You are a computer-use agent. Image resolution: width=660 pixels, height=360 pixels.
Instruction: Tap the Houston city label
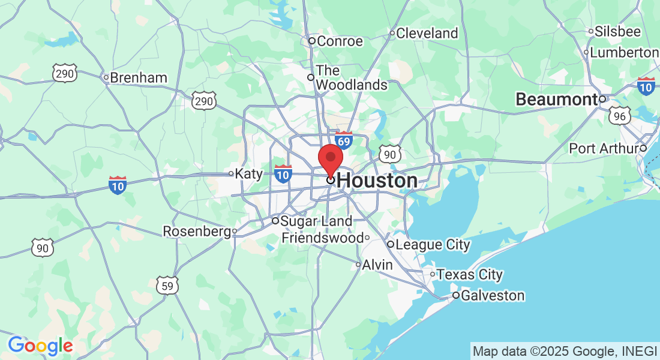pos(377,181)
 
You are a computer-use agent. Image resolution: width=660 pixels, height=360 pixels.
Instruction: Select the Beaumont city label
pos(556,100)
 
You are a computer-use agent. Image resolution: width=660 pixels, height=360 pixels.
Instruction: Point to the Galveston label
pos(493,296)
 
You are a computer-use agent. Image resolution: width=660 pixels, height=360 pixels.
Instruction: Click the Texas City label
pos(469,275)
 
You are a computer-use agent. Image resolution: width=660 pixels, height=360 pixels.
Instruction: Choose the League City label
pos(433,245)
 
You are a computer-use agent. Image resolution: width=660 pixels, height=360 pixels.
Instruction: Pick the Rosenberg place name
pos(197,232)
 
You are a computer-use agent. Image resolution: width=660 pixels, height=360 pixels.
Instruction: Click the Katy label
pos(249,174)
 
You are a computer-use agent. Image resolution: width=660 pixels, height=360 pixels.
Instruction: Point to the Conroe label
pos(340,41)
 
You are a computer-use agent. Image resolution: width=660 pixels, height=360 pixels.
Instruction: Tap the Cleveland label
pos(427,34)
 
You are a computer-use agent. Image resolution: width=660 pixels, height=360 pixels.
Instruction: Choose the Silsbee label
pos(618,32)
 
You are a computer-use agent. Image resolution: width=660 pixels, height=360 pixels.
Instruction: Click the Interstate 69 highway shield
pos(343,141)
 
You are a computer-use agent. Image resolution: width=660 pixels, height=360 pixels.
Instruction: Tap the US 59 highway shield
pos(167,286)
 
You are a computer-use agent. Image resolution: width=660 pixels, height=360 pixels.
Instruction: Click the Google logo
pos(40,346)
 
